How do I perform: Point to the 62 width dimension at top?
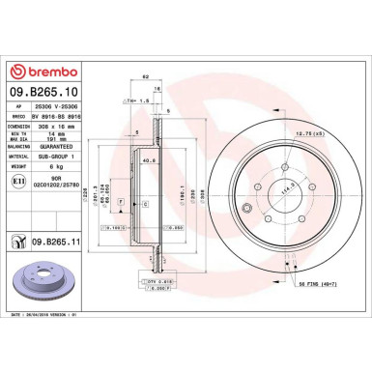coord(145,90)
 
